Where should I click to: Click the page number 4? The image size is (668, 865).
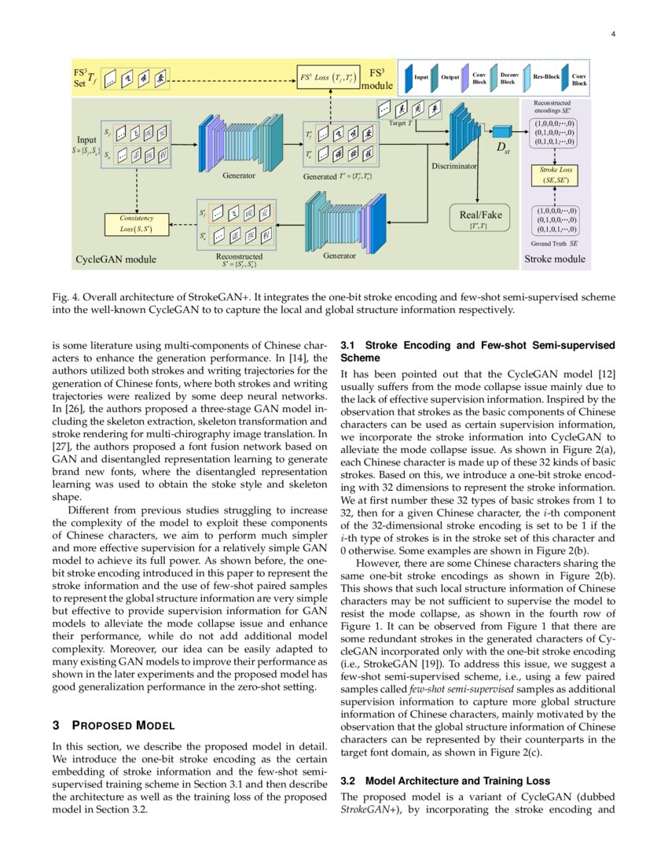[613, 34]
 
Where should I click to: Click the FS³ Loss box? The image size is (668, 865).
[328, 78]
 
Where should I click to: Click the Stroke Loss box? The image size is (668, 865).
[554, 175]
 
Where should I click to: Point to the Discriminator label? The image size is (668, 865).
[454, 166]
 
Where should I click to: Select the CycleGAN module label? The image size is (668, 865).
[116, 259]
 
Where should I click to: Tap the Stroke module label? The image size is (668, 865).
[555, 258]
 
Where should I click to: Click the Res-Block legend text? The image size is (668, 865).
[546, 77]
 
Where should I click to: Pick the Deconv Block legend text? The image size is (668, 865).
[509, 77]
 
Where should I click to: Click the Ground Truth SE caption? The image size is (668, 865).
[554, 244]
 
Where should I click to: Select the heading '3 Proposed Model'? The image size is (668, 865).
[112, 725]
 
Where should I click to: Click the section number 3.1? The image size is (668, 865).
[347, 344]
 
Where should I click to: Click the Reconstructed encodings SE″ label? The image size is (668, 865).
[552, 107]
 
